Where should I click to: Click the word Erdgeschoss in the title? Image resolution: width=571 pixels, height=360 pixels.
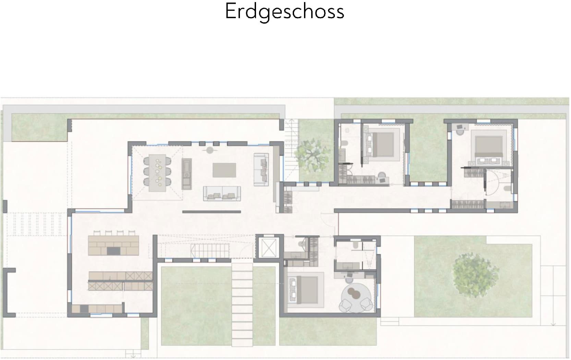click(x=284, y=12)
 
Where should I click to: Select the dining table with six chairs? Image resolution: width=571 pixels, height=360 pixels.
click(x=157, y=172)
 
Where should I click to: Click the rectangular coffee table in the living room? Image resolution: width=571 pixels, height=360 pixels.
click(x=224, y=170)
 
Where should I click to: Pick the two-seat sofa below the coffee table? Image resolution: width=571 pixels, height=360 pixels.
click(x=222, y=193)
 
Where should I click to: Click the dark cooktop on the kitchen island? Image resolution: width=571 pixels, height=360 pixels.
click(x=113, y=251)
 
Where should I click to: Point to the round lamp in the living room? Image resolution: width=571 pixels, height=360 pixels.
click(x=210, y=151)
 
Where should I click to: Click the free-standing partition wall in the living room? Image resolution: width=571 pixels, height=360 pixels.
click(x=211, y=212)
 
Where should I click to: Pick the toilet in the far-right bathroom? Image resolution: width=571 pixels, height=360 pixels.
click(x=507, y=189)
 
